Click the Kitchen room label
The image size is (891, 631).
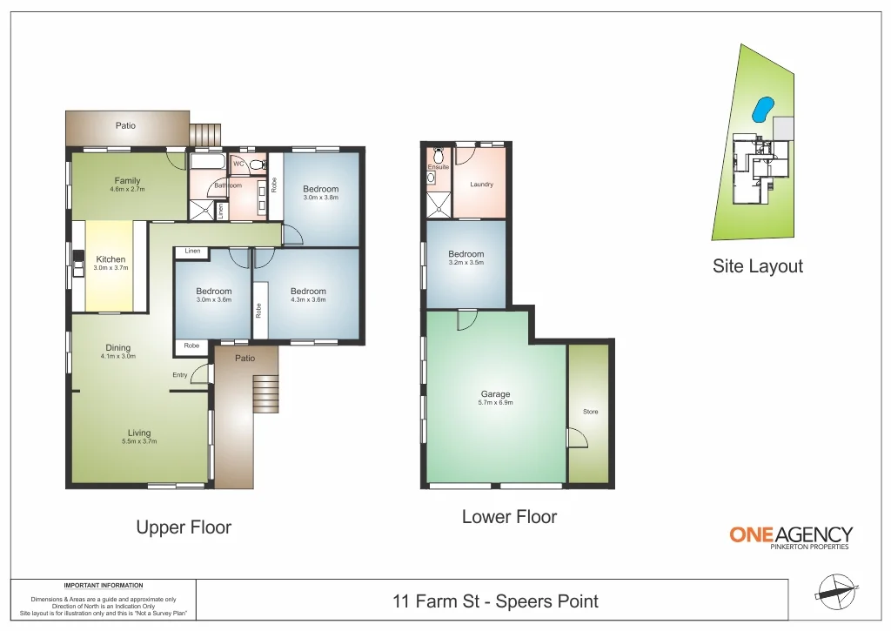(111, 259)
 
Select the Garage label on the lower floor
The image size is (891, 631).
(495, 394)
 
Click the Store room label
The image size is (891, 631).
(590, 412)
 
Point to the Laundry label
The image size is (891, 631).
(481, 184)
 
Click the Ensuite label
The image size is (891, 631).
(438, 167)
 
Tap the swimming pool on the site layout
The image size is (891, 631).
(762, 109)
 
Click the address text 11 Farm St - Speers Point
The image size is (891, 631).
(495, 601)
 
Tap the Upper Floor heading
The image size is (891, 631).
(184, 527)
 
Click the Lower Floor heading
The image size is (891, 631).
(509, 517)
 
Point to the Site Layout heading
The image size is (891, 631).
(757, 266)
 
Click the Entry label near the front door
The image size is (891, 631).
(180, 375)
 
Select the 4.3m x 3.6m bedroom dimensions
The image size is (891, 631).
(308, 299)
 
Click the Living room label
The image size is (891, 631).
(139, 433)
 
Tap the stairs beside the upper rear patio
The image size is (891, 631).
(206, 135)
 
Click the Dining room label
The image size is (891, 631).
(118, 348)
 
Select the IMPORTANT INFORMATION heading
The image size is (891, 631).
(104, 586)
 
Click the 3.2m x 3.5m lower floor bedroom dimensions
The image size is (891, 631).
(466, 262)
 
